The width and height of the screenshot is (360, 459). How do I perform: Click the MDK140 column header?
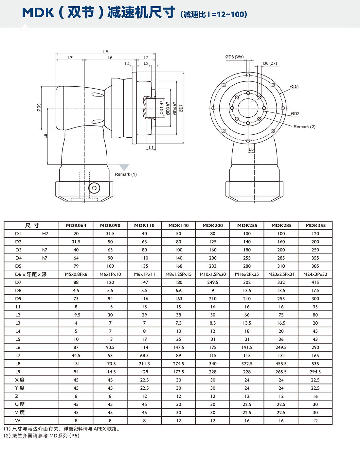179,225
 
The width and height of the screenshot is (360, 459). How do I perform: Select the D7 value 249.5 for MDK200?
213,282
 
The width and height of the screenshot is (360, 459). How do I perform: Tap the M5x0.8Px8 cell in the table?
76,274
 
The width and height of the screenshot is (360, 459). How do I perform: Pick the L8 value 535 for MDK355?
315,364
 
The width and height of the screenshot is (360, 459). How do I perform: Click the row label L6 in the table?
18,348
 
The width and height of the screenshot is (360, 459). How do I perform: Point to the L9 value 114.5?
110,372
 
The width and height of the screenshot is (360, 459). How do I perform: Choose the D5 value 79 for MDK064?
76,266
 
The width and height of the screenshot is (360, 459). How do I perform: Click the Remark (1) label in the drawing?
126,174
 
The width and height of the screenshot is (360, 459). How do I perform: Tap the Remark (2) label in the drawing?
304,127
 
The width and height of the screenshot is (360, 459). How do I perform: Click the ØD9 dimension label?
39,108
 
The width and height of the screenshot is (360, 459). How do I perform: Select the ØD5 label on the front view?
294,87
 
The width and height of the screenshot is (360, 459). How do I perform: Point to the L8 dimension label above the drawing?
106,52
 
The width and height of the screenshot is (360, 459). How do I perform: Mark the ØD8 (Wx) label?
234,57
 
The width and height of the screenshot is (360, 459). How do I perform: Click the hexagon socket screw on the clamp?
95,188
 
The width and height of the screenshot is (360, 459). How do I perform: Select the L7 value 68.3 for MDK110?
144,355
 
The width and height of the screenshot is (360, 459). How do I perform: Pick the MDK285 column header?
281,225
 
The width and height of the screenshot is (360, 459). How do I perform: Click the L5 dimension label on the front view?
251,149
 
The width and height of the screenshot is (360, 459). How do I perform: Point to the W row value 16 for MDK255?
247,420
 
